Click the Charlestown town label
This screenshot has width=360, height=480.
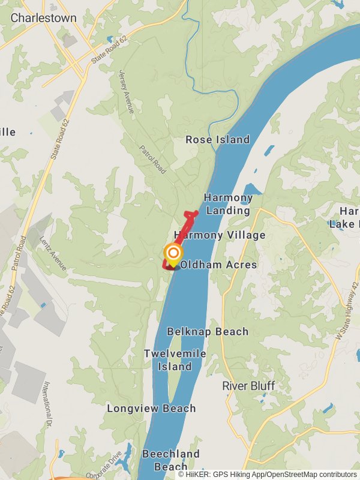pos(44,18)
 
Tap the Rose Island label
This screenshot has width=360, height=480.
pos(217,140)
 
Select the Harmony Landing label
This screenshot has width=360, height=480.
pos(228,204)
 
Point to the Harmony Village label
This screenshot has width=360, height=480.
pos(220,235)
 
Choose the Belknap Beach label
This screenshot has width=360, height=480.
pos(208,332)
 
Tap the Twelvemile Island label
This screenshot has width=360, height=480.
pos(175,360)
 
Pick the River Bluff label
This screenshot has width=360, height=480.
pos(248,386)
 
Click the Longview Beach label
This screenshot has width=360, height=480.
pos(151,409)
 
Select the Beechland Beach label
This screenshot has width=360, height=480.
pos(171,460)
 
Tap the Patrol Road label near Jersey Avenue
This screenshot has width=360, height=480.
pos(152,159)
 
